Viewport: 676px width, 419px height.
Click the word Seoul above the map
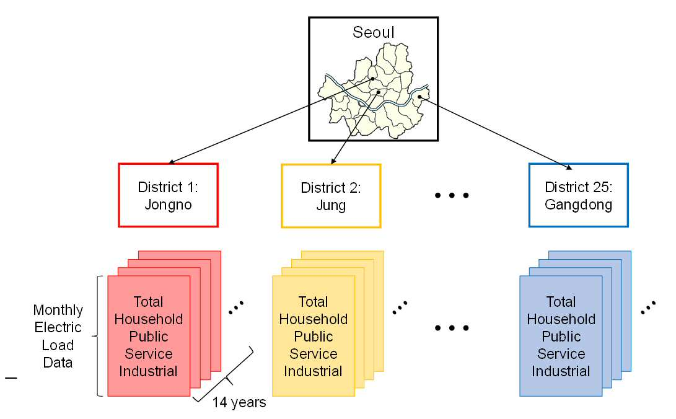[x=374, y=32]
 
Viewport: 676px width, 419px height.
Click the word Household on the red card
[x=149, y=319]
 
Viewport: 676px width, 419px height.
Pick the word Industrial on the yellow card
[x=313, y=371]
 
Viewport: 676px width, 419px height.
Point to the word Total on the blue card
[x=561, y=302]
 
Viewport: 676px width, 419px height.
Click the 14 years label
[x=239, y=402]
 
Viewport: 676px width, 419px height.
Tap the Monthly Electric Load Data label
[x=58, y=336]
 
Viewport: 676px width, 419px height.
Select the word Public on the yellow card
[x=314, y=336]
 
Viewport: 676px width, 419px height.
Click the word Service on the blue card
[x=561, y=354]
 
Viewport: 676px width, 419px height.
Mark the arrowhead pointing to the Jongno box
[x=171, y=162]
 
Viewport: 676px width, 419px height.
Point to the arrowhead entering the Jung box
[x=333, y=162]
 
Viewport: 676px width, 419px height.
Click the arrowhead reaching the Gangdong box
[x=569, y=167]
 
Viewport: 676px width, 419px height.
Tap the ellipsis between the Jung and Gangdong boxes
[x=452, y=195]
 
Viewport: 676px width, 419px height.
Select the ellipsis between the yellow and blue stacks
[x=452, y=328]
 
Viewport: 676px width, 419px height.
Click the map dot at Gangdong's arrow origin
[x=419, y=97]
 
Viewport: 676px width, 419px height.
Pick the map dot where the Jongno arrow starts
[x=372, y=79]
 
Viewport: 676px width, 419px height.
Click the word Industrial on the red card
[x=148, y=371]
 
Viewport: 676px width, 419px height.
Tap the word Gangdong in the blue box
[x=579, y=205]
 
